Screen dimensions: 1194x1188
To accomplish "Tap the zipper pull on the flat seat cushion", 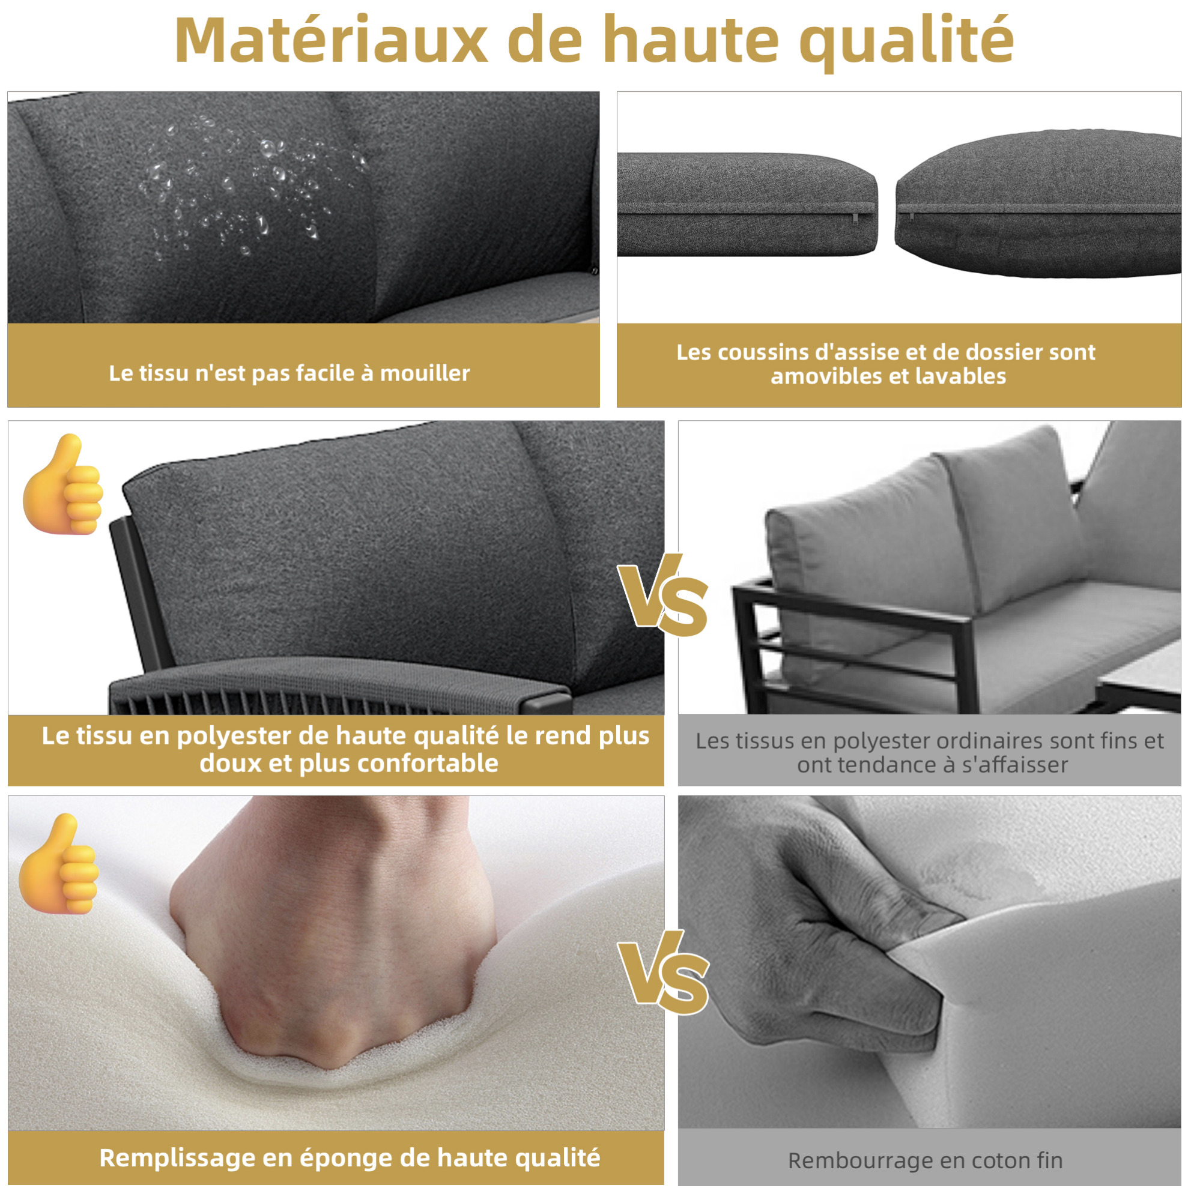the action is (855, 217).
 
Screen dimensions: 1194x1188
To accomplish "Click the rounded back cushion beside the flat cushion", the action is (1038, 204).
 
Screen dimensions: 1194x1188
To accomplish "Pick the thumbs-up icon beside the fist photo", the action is (59, 864).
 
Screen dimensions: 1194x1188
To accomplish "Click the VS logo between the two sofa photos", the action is (663, 596).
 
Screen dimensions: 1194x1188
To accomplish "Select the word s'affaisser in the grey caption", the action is (1014, 765).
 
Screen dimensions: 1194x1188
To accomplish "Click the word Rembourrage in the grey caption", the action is (854, 1161).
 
